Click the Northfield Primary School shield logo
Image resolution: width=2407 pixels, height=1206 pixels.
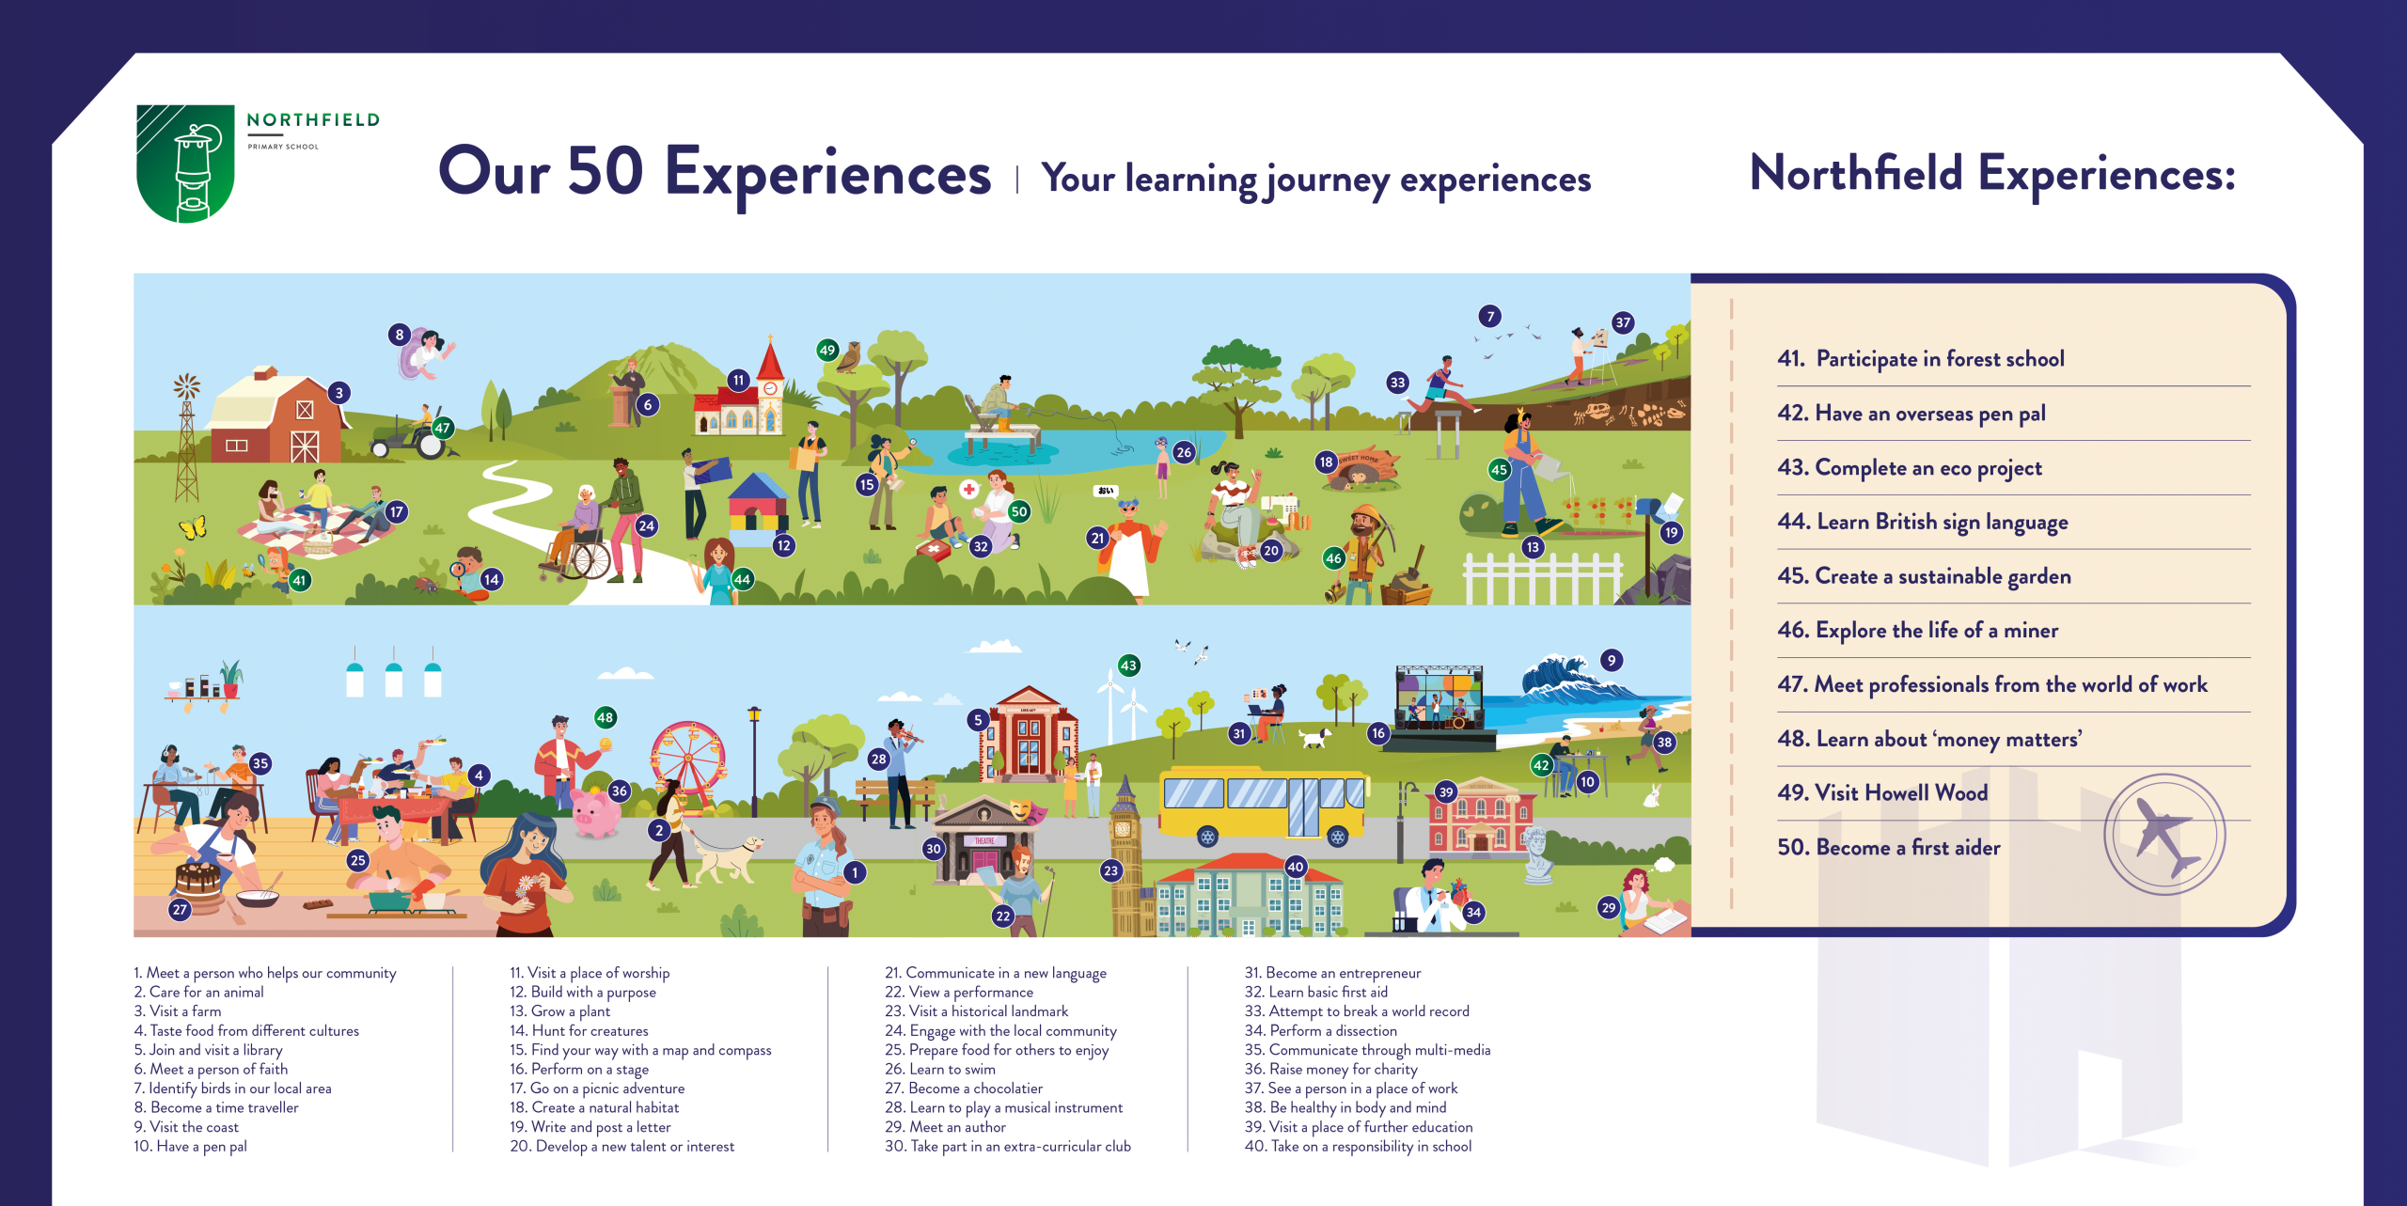[185, 164]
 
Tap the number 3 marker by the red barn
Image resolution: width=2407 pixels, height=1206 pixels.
[339, 393]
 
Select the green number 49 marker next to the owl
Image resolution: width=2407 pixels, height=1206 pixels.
[827, 351]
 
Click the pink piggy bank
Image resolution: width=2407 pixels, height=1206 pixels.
[595, 813]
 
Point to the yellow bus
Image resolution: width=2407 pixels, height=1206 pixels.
[1264, 806]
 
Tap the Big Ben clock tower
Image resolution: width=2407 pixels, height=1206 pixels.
[1123, 855]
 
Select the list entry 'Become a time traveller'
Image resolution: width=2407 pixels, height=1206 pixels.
[216, 1107]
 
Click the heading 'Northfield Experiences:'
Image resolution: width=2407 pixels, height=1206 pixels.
[1992, 174]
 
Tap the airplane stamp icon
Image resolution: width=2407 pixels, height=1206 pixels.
[2164, 835]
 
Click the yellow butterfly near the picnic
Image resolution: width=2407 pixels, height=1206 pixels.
[193, 527]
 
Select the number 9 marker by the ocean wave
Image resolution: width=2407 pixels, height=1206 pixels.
[1612, 660]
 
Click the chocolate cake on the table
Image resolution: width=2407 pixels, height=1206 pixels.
[198, 880]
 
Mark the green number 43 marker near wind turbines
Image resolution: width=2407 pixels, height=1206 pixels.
[1128, 666]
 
